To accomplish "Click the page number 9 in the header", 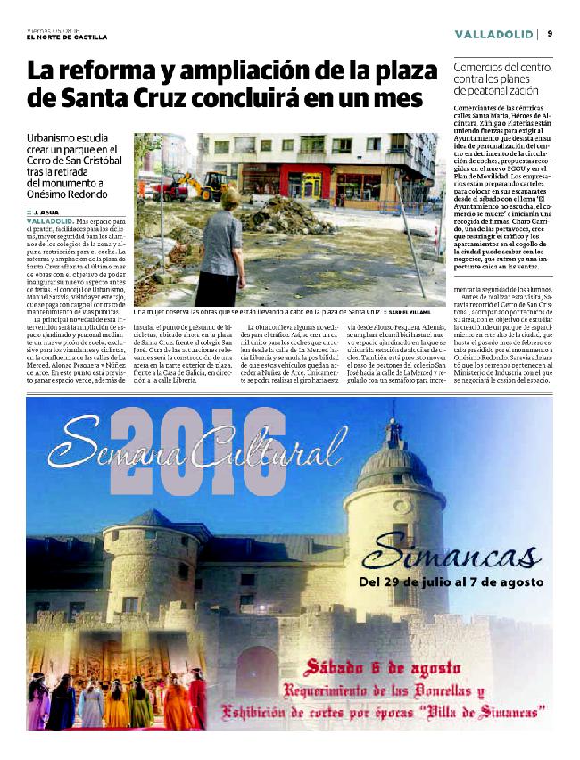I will pos(550,33).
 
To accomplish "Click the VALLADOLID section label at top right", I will pos(493,34).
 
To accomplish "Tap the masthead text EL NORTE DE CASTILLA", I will pos(67,37).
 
